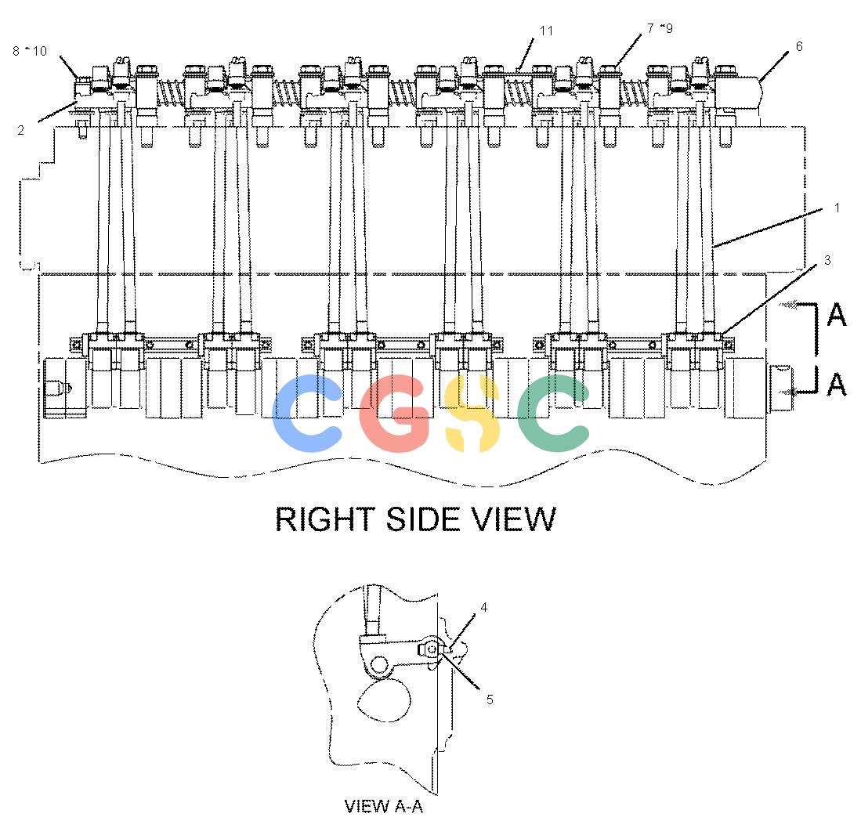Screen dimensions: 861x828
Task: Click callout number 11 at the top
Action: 546,31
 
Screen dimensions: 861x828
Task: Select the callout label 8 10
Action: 30,51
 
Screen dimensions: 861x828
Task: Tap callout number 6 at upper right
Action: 799,47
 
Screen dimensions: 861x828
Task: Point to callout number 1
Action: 837,208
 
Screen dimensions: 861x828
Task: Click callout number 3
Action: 827,260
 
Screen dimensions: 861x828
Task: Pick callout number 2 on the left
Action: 21,130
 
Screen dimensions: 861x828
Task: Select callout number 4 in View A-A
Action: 483,607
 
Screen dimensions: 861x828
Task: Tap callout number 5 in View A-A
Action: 489,699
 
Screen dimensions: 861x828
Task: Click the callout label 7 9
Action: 660,28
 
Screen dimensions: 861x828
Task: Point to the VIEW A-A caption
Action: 383,806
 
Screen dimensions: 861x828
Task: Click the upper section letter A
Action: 836,315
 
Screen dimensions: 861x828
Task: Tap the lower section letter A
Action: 836,383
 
